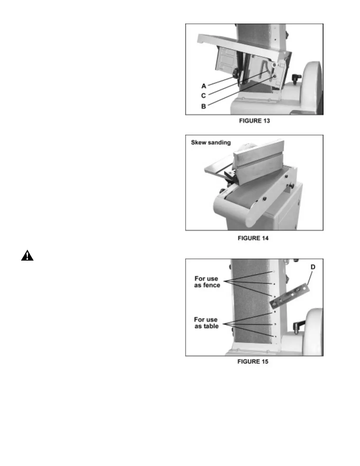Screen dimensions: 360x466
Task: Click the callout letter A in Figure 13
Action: pyautogui.click(x=204, y=86)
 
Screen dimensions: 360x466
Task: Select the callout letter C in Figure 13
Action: pyautogui.click(x=204, y=96)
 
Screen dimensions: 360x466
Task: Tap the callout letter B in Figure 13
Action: pyautogui.click(x=204, y=106)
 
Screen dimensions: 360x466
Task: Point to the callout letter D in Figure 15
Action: pyautogui.click(x=313, y=267)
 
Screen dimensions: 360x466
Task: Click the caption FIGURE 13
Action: pyautogui.click(x=254, y=121)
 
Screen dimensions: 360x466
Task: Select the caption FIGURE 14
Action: pyautogui.click(x=253, y=238)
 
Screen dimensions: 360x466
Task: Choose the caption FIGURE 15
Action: pyautogui.click(x=253, y=362)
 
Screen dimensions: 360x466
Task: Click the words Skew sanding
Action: pyautogui.click(x=211, y=143)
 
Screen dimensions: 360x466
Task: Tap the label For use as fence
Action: pyautogui.click(x=207, y=282)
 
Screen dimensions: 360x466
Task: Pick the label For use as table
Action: pyautogui.click(x=206, y=323)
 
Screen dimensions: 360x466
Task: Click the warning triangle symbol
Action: pyautogui.click(x=27, y=256)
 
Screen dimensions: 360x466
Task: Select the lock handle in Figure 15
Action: pyautogui.click(x=298, y=326)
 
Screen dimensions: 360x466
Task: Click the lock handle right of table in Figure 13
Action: pyautogui.click(x=296, y=78)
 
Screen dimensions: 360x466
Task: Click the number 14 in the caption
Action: pyautogui.click(x=265, y=238)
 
